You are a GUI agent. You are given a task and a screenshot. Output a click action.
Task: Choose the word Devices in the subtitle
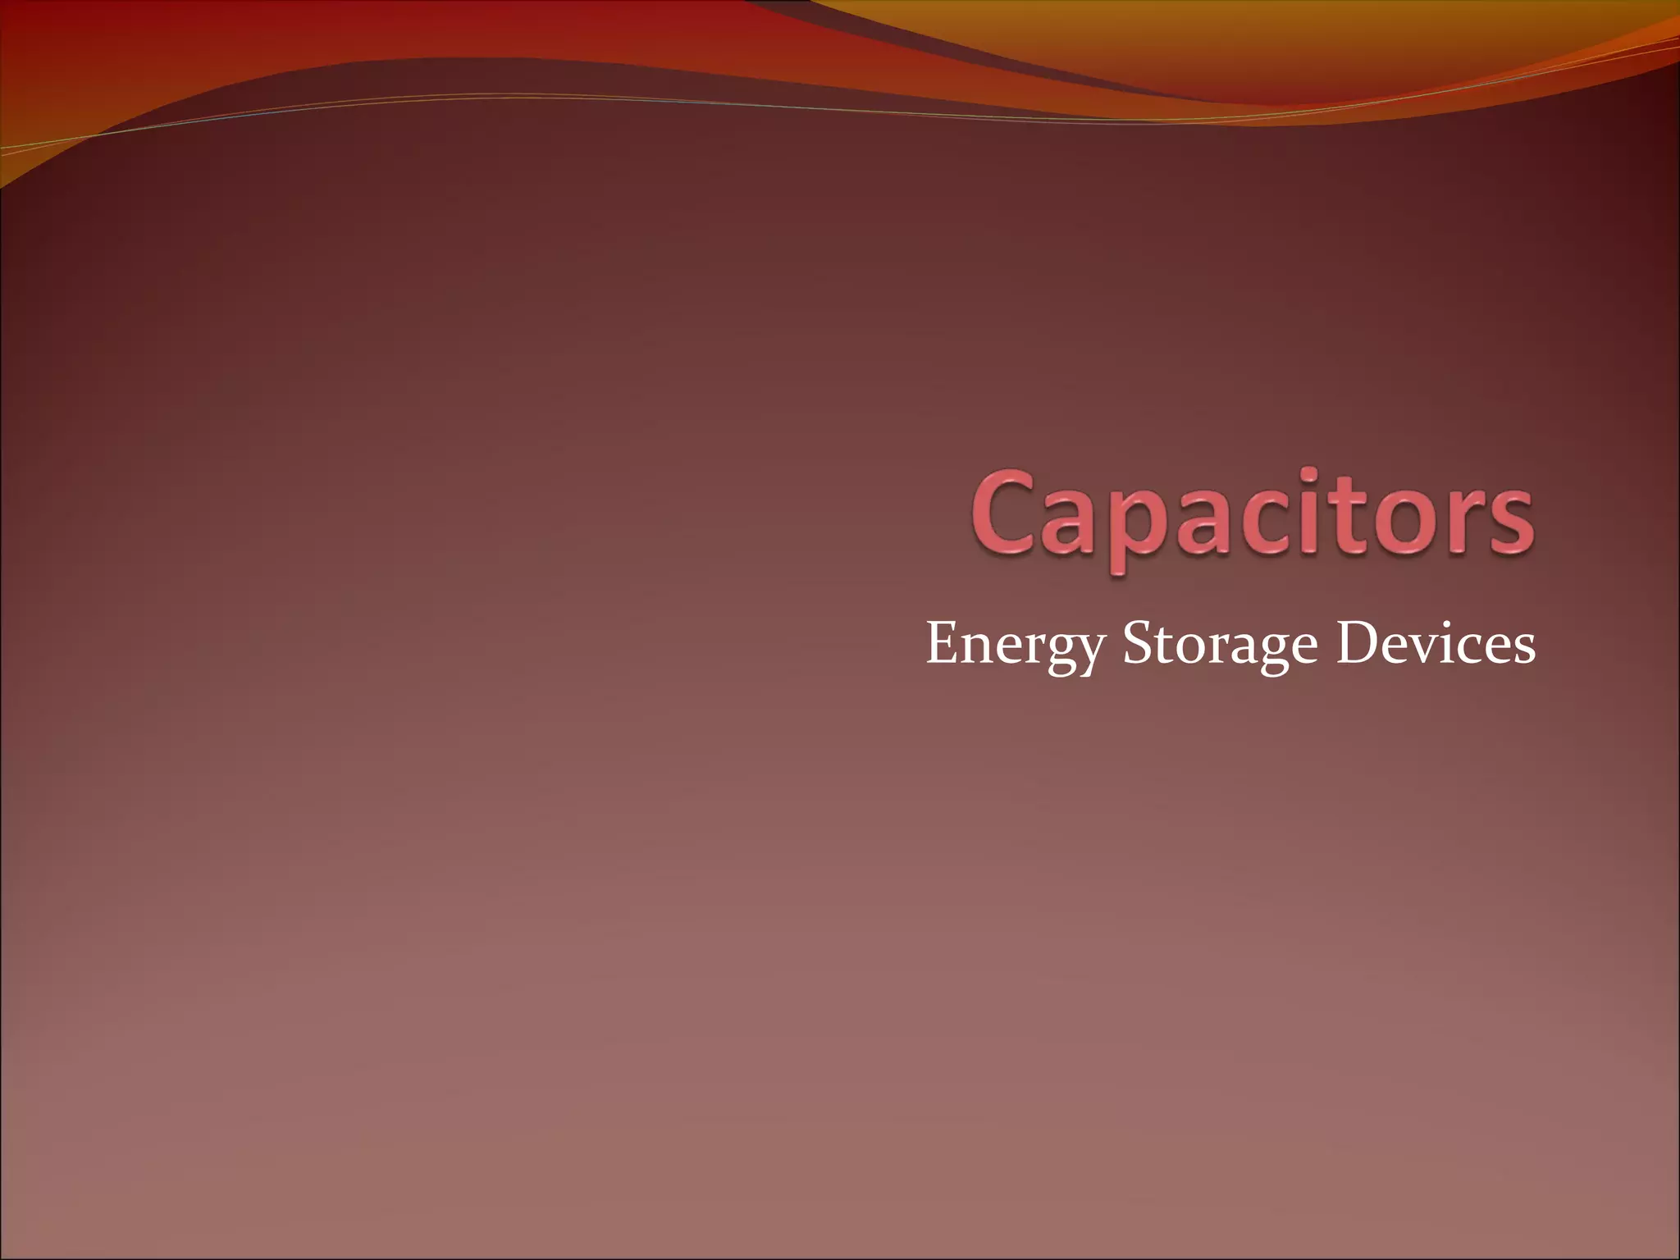click(1436, 643)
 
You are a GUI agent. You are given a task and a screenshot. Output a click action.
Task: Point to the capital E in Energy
click(943, 642)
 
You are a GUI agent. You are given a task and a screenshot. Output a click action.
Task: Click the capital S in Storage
click(1139, 643)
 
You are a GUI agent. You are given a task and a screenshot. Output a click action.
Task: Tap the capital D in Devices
click(1355, 642)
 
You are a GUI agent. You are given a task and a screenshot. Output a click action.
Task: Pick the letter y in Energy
click(1088, 652)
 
